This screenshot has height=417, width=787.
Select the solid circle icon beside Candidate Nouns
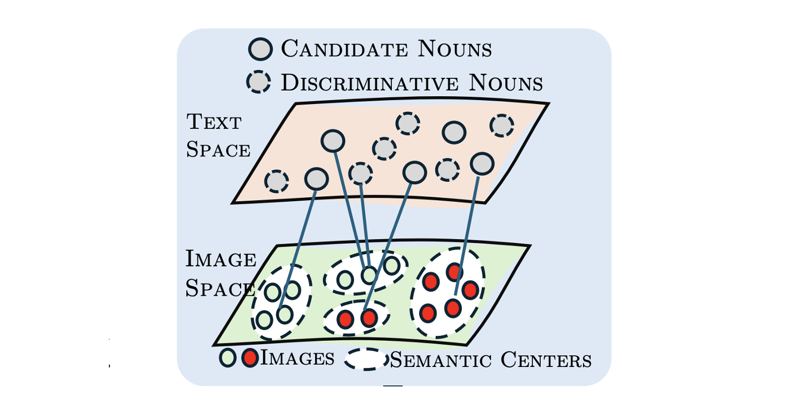(260, 49)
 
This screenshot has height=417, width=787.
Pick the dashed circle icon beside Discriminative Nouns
(258, 82)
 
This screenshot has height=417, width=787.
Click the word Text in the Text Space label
(213, 121)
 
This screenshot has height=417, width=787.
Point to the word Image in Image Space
(221, 259)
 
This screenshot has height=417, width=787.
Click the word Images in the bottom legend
(297, 359)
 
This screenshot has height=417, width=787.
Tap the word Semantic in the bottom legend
(442, 360)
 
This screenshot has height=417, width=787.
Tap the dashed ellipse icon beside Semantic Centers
(366, 359)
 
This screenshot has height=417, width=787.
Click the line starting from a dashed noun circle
(365, 222)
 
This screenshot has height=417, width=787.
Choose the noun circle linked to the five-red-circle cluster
(482, 163)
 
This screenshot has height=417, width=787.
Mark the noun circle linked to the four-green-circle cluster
(316, 178)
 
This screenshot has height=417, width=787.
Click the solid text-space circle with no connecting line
(454, 132)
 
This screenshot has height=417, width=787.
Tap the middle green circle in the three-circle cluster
(369, 274)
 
